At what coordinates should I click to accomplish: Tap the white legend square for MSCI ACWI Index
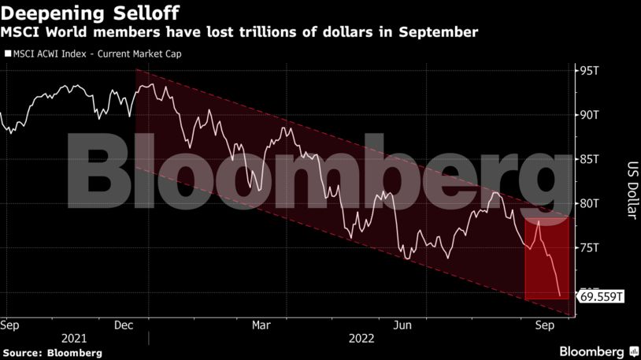coord(7,54)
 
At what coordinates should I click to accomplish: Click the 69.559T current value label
coord(602,297)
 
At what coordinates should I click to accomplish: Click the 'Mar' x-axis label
coord(261,325)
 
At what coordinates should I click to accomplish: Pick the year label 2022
coord(361,338)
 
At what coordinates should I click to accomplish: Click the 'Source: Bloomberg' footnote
coord(52,352)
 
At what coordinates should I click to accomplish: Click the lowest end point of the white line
coord(560,296)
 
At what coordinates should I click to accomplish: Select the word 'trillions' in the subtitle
coord(292,32)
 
